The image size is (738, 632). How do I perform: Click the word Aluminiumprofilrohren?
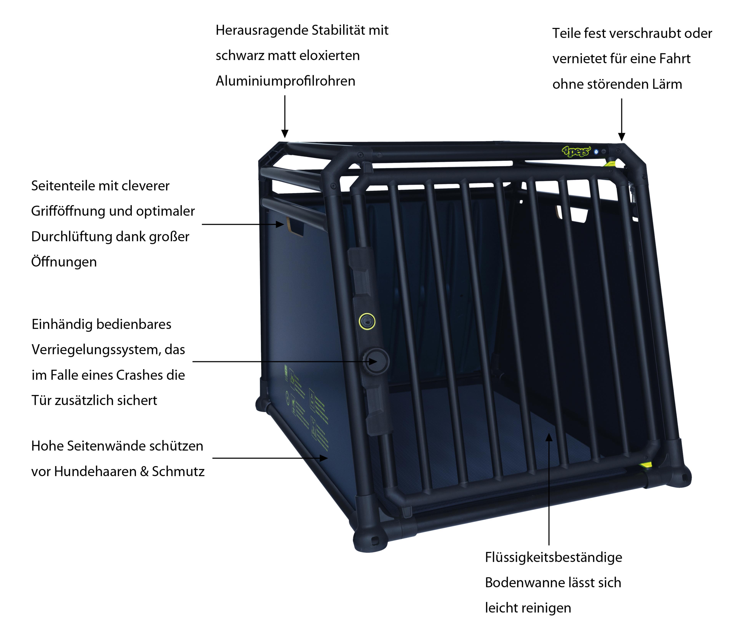pyautogui.click(x=285, y=81)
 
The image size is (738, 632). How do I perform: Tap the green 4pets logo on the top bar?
pyautogui.click(x=576, y=152)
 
